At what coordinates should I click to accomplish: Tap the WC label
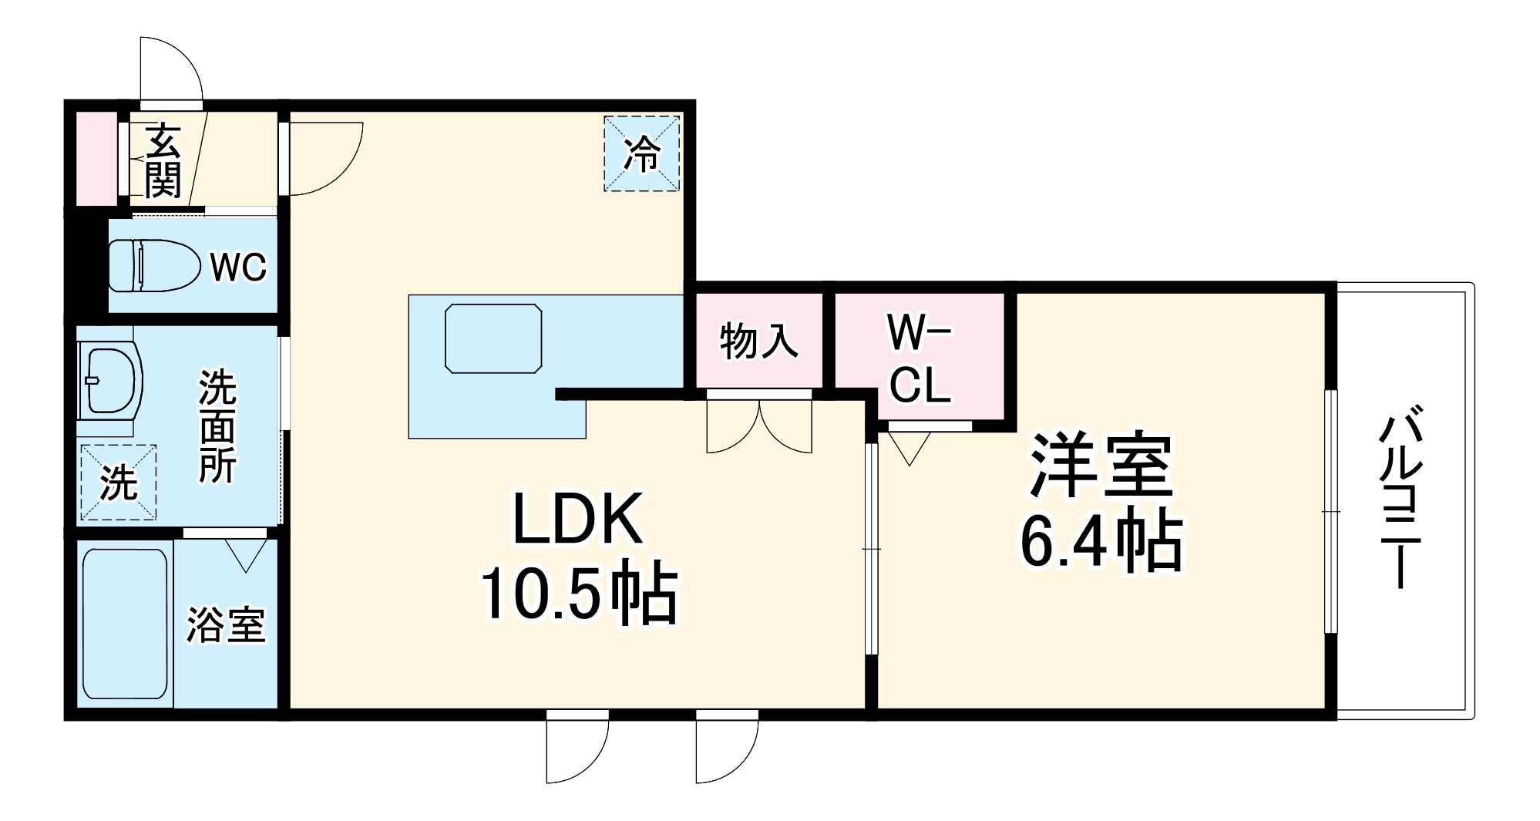point(238,267)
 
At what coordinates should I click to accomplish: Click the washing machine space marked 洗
point(118,483)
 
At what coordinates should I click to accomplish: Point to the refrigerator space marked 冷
point(641,153)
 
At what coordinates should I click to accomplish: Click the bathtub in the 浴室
point(124,623)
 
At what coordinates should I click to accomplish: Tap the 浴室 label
point(226,624)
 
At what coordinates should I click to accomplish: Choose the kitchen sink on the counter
point(493,338)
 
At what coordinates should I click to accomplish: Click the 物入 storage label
point(758,342)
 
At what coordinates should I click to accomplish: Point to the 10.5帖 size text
point(578,594)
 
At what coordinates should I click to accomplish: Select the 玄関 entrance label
point(163,160)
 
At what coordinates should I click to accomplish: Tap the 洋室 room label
point(1101,466)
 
